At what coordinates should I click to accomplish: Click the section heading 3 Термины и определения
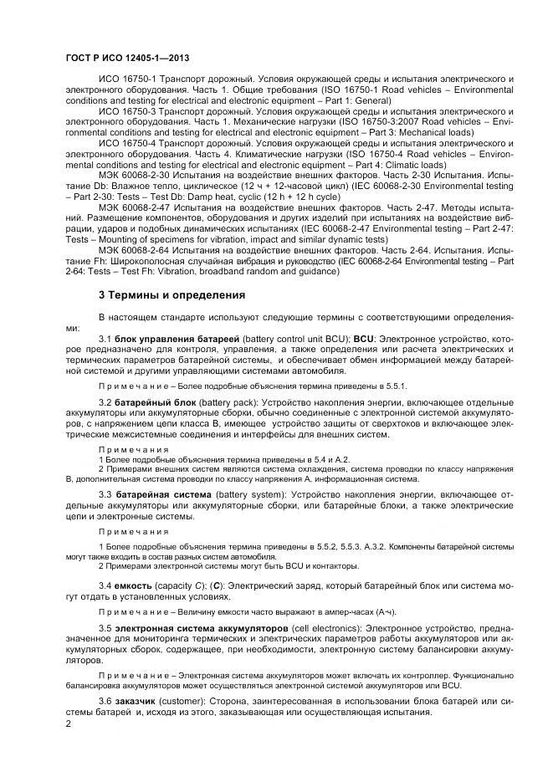(x=173, y=294)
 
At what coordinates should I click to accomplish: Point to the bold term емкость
(x=136, y=582)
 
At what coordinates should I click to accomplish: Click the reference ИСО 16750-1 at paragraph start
(x=126, y=79)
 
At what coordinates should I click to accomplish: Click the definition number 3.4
(x=105, y=582)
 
